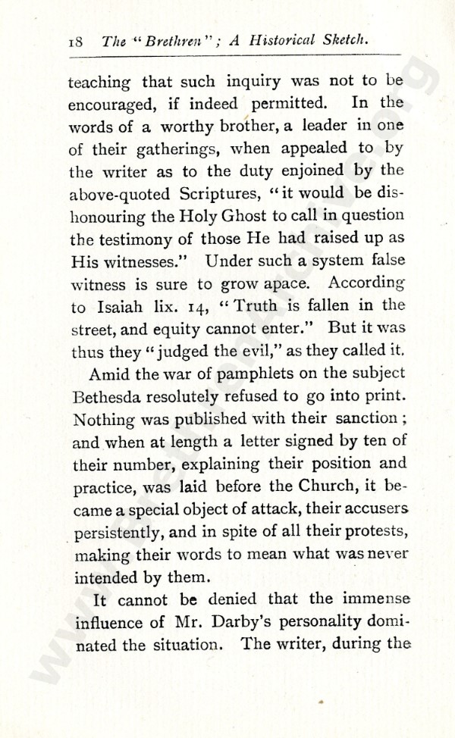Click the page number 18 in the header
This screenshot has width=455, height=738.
tap(77, 45)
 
